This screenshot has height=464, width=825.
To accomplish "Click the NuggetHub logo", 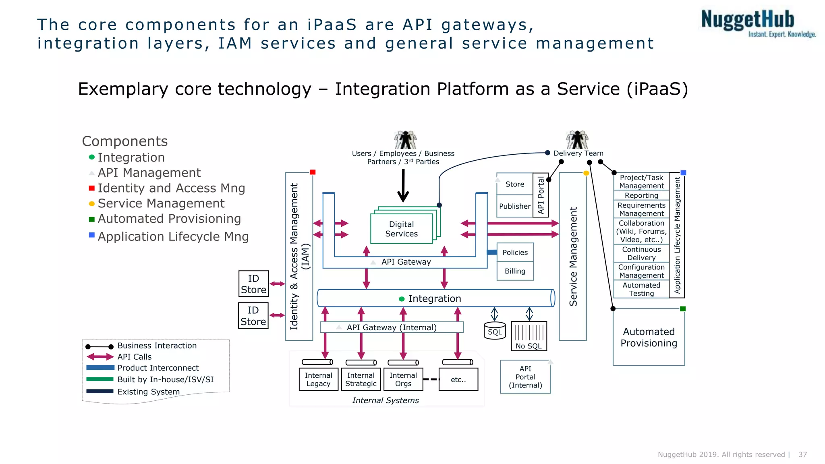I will (757, 23).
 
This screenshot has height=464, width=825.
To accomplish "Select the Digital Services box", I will (401, 229).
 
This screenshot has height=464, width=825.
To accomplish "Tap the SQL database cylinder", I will (494, 331).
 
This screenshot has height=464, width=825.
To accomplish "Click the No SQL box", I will (529, 336).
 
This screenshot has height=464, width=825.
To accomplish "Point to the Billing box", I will (515, 271).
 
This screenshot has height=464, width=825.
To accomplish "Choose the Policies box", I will (515, 252).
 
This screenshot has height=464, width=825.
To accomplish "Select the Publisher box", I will (514, 206).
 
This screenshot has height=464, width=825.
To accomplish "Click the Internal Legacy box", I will (318, 379).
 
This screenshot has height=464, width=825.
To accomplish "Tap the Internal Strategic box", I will (361, 379).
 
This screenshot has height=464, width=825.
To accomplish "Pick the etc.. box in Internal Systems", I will (458, 379).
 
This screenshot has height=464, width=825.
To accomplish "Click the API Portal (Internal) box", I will (525, 377).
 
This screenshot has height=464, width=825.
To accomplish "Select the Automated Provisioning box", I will (649, 338).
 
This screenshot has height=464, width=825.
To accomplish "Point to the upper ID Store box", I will (253, 284).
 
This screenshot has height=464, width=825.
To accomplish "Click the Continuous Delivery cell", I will (641, 253).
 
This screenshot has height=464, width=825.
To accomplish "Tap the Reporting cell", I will (641, 195).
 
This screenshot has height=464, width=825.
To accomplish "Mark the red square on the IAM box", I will (313, 172).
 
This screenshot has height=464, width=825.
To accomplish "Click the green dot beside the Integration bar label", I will (401, 299).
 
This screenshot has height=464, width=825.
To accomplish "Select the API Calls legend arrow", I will (100, 357).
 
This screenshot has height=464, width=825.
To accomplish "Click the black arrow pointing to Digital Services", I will (403, 185).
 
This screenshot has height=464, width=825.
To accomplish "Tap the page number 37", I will (802, 454).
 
